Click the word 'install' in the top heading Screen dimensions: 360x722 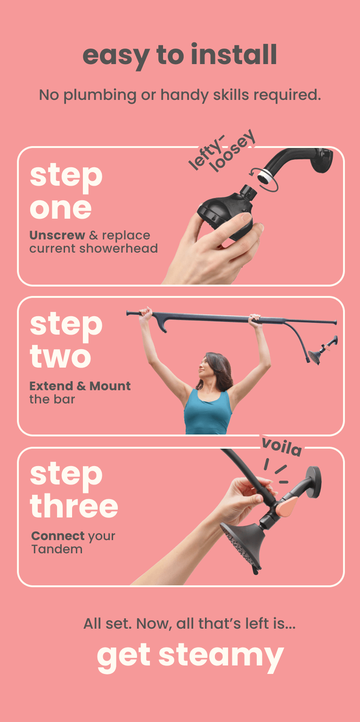point(234,54)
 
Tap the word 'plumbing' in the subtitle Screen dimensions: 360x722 point(100,95)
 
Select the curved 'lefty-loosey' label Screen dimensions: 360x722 point(222,151)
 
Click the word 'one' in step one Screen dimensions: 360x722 point(61,209)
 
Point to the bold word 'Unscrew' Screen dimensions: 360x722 point(57,235)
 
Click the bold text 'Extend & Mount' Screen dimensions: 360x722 point(80,386)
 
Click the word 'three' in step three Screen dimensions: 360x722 point(74,506)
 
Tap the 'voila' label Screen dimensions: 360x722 point(281,447)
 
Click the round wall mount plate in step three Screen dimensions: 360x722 point(313,482)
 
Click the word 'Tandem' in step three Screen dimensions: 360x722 point(57,549)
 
